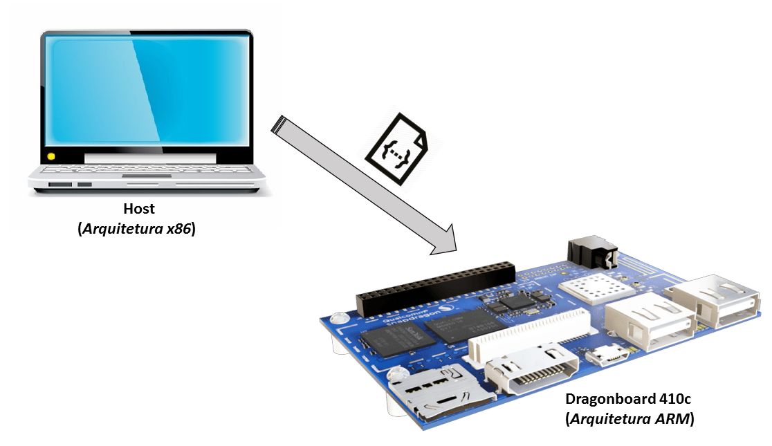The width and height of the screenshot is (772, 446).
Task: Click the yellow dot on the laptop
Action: tap(50, 156)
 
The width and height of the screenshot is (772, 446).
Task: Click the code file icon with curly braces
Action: tap(396, 150)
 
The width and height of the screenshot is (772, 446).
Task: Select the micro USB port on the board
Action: tap(609, 357)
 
